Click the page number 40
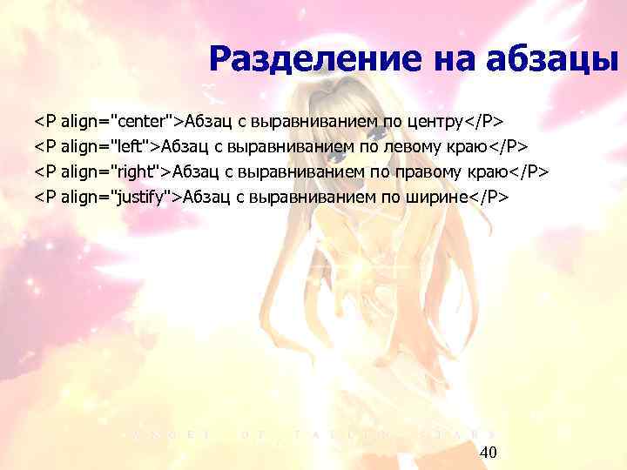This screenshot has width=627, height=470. [489, 452]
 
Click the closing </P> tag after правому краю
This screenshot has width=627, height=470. [533, 171]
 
